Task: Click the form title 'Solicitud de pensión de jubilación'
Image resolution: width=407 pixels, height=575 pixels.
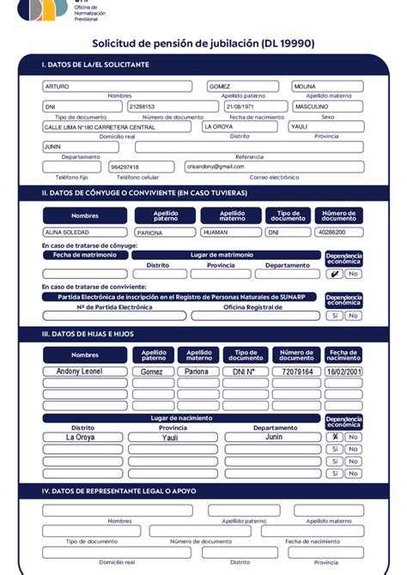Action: (x=203, y=43)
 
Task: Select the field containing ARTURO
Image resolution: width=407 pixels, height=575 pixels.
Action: (x=117, y=87)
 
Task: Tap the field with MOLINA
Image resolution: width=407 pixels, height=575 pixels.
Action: (x=327, y=87)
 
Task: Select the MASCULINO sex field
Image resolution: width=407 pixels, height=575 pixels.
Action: (x=327, y=106)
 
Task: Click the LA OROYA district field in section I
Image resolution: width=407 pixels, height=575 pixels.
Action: (x=240, y=126)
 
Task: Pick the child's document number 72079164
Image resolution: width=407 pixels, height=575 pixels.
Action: (x=296, y=372)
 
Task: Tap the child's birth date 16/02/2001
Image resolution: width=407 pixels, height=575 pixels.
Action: (x=343, y=372)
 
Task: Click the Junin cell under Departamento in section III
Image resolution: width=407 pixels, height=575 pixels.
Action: (x=274, y=437)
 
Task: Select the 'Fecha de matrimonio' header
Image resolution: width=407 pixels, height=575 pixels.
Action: (x=84, y=255)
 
